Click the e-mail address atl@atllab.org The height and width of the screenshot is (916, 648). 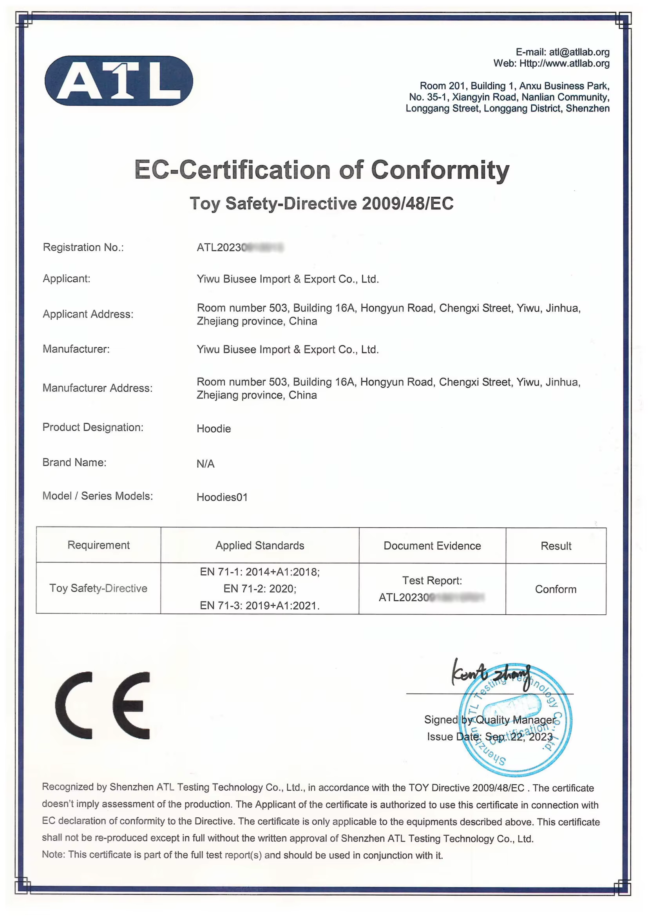coord(579,52)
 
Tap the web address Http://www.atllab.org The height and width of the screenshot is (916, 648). coord(564,63)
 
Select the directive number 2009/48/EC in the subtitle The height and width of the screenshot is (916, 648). coord(407,203)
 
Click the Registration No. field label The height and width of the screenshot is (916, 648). coord(83,247)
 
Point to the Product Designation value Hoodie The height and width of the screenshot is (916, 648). coord(214,429)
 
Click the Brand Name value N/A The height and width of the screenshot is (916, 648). coord(206,463)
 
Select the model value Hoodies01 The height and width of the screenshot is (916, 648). coord(222,497)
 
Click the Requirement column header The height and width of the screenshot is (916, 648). coord(99,545)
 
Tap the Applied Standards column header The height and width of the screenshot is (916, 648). coord(260,545)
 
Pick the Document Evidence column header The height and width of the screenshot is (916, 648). coord(432,546)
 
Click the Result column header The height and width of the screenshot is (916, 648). coord(556,546)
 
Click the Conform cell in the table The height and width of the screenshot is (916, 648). coord(556,589)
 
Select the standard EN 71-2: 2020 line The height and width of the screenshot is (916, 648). coord(260,588)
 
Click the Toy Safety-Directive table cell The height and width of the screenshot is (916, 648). coord(98,588)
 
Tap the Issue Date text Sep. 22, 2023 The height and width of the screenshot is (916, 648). coord(519,737)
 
